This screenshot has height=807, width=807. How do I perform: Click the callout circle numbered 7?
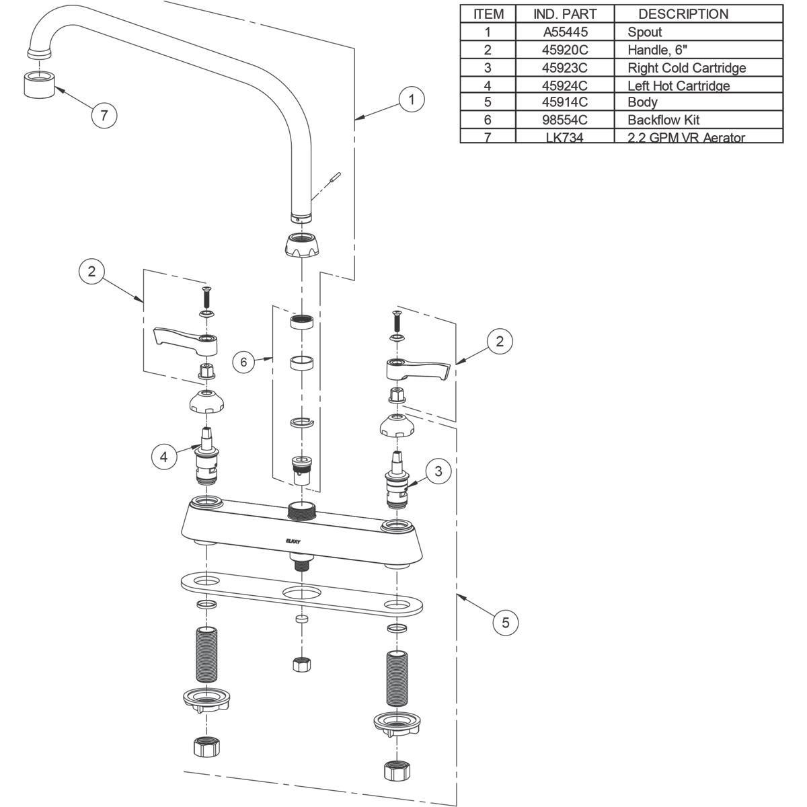pos(104,115)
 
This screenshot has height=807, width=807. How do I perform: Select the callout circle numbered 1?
pos(412,100)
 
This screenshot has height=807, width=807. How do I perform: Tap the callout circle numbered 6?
pos(244,362)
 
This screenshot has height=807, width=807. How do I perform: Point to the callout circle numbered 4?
pos(163,457)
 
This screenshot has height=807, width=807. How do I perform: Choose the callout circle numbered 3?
pos(438,471)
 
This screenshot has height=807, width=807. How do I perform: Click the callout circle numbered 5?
pos(505,623)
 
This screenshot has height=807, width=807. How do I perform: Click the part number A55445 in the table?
pos(564,32)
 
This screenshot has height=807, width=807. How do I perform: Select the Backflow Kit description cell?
pos(663,120)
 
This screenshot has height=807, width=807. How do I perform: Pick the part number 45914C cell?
pos(564,102)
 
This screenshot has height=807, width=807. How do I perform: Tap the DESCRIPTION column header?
pos(683,13)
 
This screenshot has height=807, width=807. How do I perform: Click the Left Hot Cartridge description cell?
pos(678,85)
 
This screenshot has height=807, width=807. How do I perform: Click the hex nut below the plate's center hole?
pos(301,664)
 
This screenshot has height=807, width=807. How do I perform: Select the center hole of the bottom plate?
pos(301,593)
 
